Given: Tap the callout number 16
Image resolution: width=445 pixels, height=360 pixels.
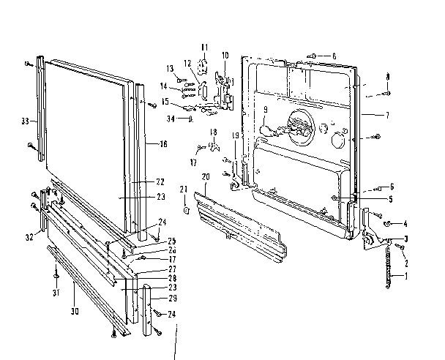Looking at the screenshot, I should click(x=162, y=145).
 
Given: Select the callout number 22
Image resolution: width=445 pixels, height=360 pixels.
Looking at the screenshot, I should click(x=160, y=181).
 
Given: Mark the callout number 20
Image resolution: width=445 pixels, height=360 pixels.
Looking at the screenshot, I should click(x=206, y=177).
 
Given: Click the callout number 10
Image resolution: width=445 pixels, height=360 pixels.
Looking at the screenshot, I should click(x=225, y=55).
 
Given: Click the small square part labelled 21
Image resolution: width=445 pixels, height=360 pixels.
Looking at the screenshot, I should click(x=186, y=210).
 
